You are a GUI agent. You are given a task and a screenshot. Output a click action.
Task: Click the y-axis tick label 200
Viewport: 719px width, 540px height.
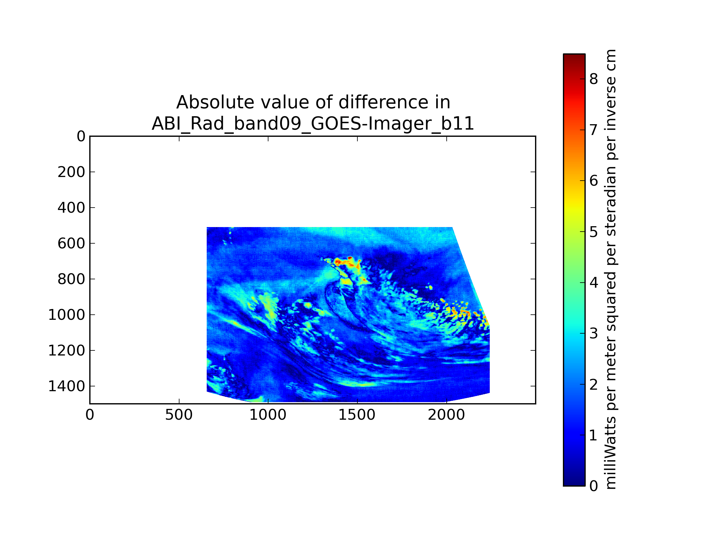[71, 172]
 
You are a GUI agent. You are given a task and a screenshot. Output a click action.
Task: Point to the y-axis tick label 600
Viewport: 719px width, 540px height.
[71, 244]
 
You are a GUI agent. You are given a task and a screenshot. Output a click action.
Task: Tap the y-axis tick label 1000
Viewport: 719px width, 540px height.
[66, 315]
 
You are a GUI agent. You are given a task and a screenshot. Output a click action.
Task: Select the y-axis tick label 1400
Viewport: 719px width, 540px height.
[66, 386]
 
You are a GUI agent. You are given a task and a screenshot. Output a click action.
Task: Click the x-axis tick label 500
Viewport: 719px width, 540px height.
[179, 415]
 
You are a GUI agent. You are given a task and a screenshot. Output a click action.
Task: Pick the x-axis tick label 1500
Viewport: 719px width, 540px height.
[357, 415]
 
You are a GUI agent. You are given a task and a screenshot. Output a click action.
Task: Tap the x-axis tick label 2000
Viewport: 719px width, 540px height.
[446, 415]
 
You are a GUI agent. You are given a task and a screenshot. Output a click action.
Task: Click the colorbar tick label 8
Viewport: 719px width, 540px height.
[593, 79]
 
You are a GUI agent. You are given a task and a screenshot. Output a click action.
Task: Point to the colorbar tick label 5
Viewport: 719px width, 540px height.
[593, 232]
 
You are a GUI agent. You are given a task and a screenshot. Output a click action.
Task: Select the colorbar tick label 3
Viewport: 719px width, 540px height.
[593, 334]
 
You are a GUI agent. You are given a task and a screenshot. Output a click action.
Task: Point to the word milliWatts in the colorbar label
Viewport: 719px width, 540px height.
[611, 453]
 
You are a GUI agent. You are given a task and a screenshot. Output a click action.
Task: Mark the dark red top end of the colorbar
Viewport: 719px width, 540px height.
[574, 57]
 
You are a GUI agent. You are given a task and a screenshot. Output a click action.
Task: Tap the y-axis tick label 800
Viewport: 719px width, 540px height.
[71, 279]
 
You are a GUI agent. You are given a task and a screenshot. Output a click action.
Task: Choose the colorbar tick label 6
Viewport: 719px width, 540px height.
[593, 181]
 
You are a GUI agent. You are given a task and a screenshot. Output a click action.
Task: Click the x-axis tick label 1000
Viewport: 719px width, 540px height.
[268, 415]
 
